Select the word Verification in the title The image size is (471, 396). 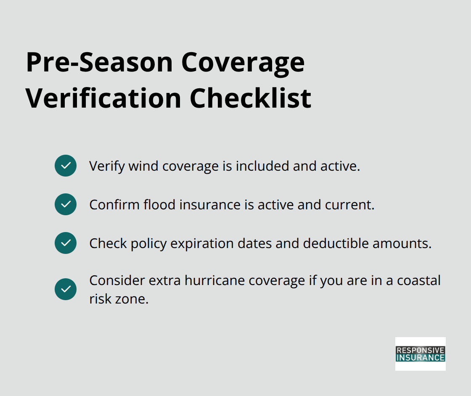[x=104, y=98]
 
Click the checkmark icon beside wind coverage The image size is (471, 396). [x=66, y=166]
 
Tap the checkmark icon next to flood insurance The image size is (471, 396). [x=66, y=204]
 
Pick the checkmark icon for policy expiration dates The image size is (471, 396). [x=66, y=243]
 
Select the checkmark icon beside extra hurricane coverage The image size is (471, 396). [x=66, y=289]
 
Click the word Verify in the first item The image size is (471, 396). [x=107, y=166]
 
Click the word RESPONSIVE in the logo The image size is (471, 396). [x=420, y=350]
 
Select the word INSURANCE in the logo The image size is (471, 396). [x=420, y=358]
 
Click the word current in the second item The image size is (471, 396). [x=349, y=205]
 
